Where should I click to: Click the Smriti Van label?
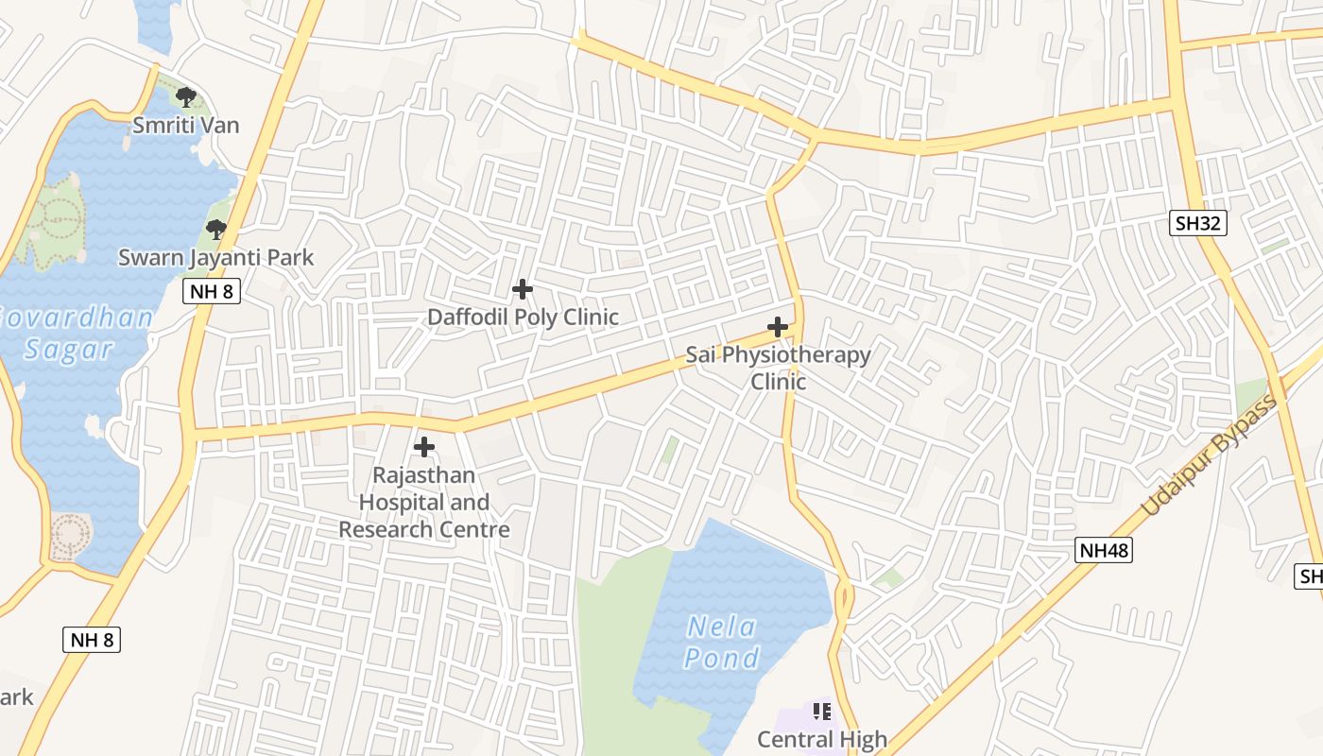(185, 126)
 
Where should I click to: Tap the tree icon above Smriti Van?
(186, 95)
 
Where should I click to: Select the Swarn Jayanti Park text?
(215, 258)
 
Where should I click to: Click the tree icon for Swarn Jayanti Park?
(216, 229)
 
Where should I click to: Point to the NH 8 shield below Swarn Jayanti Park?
(212, 291)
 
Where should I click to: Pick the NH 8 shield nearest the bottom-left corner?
(92, 640)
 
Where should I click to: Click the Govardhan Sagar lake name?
(71, 333)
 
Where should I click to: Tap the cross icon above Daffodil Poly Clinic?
(522, 289)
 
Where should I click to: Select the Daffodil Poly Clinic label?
(523, 318)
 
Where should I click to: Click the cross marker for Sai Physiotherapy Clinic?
(778, 327)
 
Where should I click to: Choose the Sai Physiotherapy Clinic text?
(779, 368)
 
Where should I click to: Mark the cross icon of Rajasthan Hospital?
(424, 446)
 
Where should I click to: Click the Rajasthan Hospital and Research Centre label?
(424, 502)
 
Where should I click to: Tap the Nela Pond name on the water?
(722, 642)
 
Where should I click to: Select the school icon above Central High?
(821, 711)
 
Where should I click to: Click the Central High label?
(822, 739)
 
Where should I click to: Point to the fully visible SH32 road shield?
(1197, 224)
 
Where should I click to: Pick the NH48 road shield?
(1103, 550)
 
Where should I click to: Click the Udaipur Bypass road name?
(1209, 455)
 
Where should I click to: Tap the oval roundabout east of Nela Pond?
(843, 598)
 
